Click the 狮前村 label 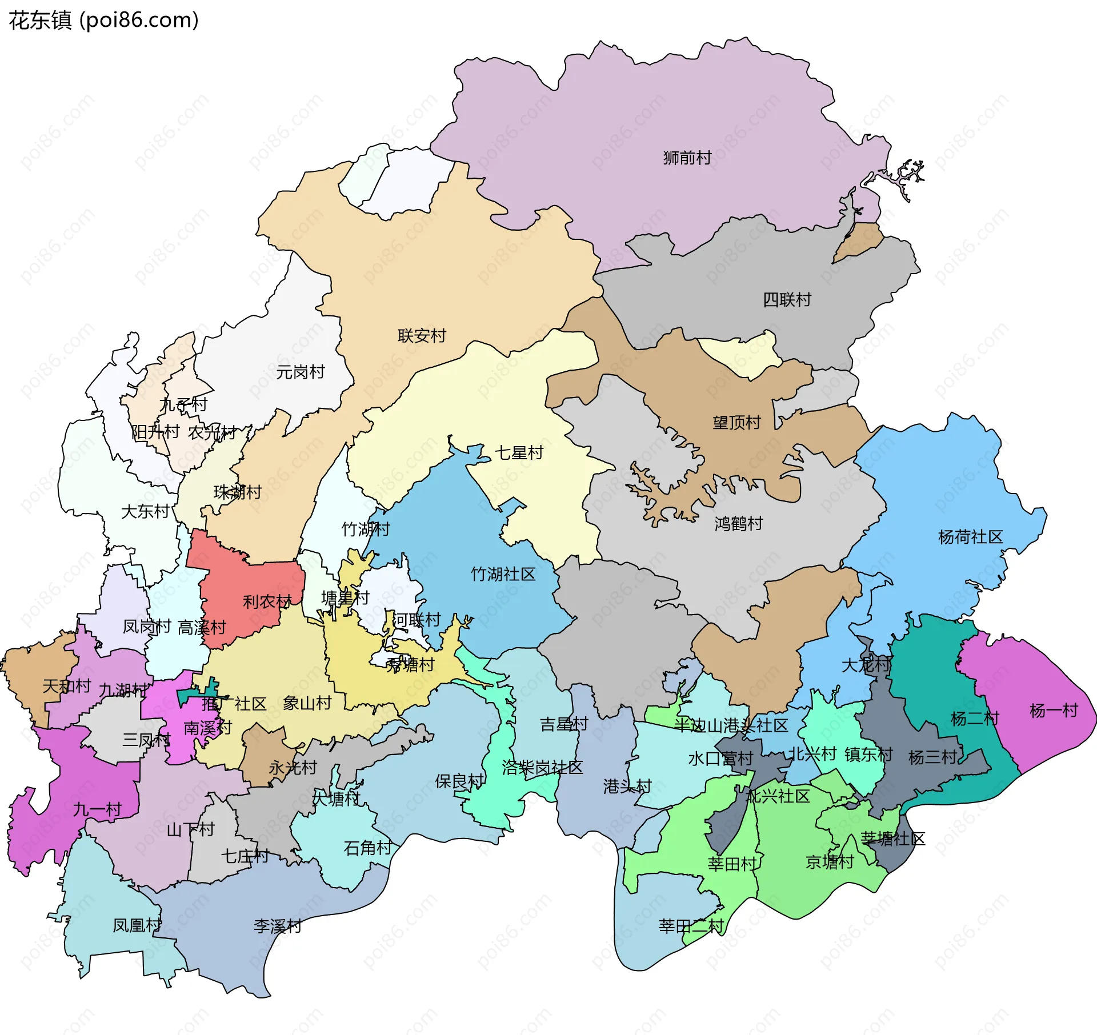(x=687, y=158)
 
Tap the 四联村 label (x=787, y=299)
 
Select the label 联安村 (x=422, y=335)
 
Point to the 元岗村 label (x=301, y=372)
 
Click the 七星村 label (x=519, y=452)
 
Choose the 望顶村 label (x=736, y=422)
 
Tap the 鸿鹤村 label (x=739, y=523)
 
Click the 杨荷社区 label (x=970, y=537)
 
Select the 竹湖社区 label (x=503, y=574)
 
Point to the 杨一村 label (x=1054, y=711)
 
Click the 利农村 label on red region (x=267, y=601)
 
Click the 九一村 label (x=97, y=809)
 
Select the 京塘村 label (x=830, y=861)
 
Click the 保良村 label (x=459, y=781)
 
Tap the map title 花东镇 (x=40, y=20)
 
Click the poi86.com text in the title (x=139, y=20)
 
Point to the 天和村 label (x=67, y=685)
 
